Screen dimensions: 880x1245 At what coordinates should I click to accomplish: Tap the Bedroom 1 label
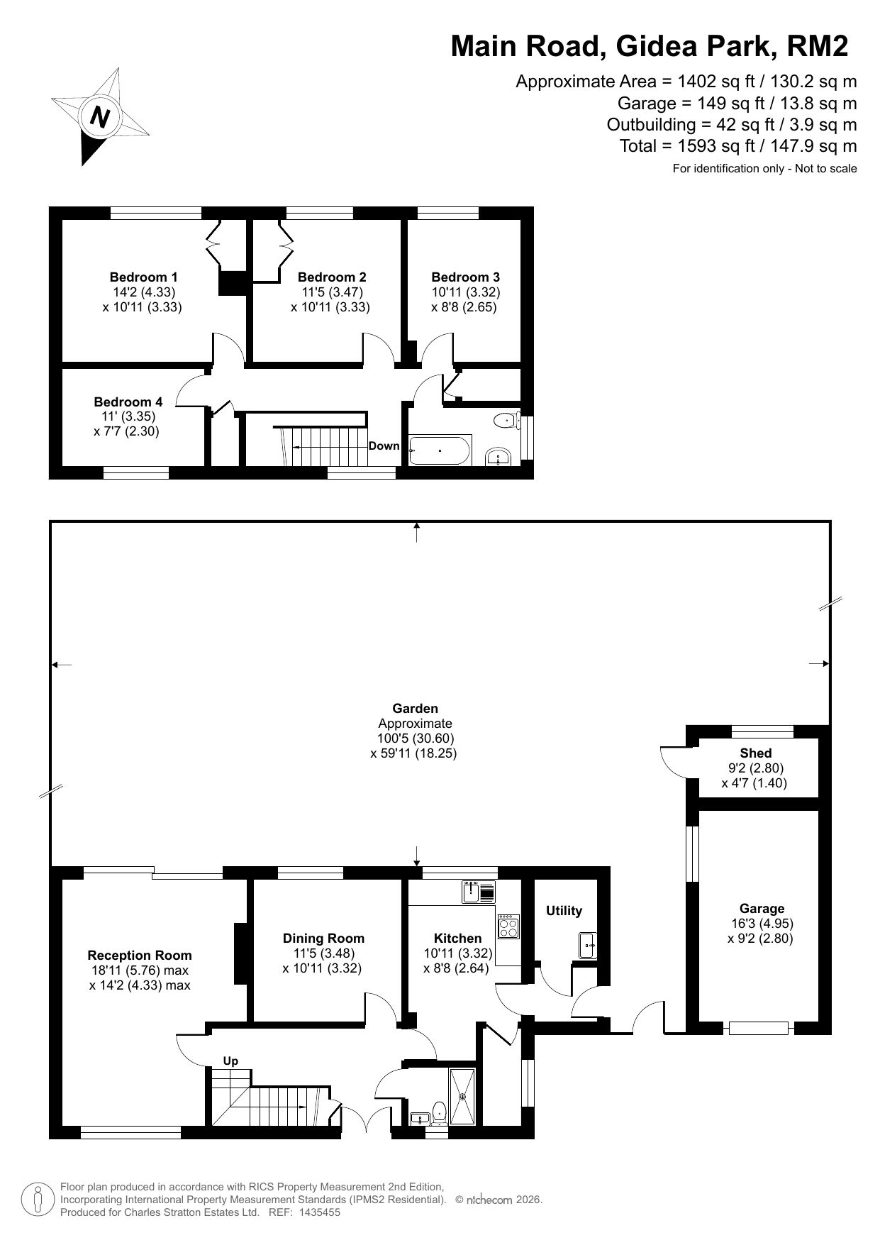(x=143, y=277)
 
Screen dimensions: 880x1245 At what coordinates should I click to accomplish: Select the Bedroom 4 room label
(x=128, y=402)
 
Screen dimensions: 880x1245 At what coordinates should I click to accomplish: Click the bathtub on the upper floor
(x=440, y=450)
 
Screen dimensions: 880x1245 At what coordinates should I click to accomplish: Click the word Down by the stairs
(x=384, y=446)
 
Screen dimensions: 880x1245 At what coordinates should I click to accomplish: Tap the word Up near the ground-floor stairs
(x=230, y=1061)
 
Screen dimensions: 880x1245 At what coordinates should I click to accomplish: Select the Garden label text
(x=415, y=708)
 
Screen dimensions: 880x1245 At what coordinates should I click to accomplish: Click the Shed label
(x=755, y=753)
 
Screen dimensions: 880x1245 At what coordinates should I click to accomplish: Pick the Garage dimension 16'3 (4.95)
(x=762, y=924)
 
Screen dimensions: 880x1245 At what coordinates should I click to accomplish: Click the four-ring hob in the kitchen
(x=508, y=926)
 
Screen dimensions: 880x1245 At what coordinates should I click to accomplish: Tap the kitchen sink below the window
(x=479, y=892)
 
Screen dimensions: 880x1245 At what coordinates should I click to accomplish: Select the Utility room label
(x=564, y=911)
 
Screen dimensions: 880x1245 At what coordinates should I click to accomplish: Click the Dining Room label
(x=323, y=939)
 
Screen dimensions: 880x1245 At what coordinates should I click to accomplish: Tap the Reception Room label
(x=140, y=956)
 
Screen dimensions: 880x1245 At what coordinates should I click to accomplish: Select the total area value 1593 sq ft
(x=701, y=146)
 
